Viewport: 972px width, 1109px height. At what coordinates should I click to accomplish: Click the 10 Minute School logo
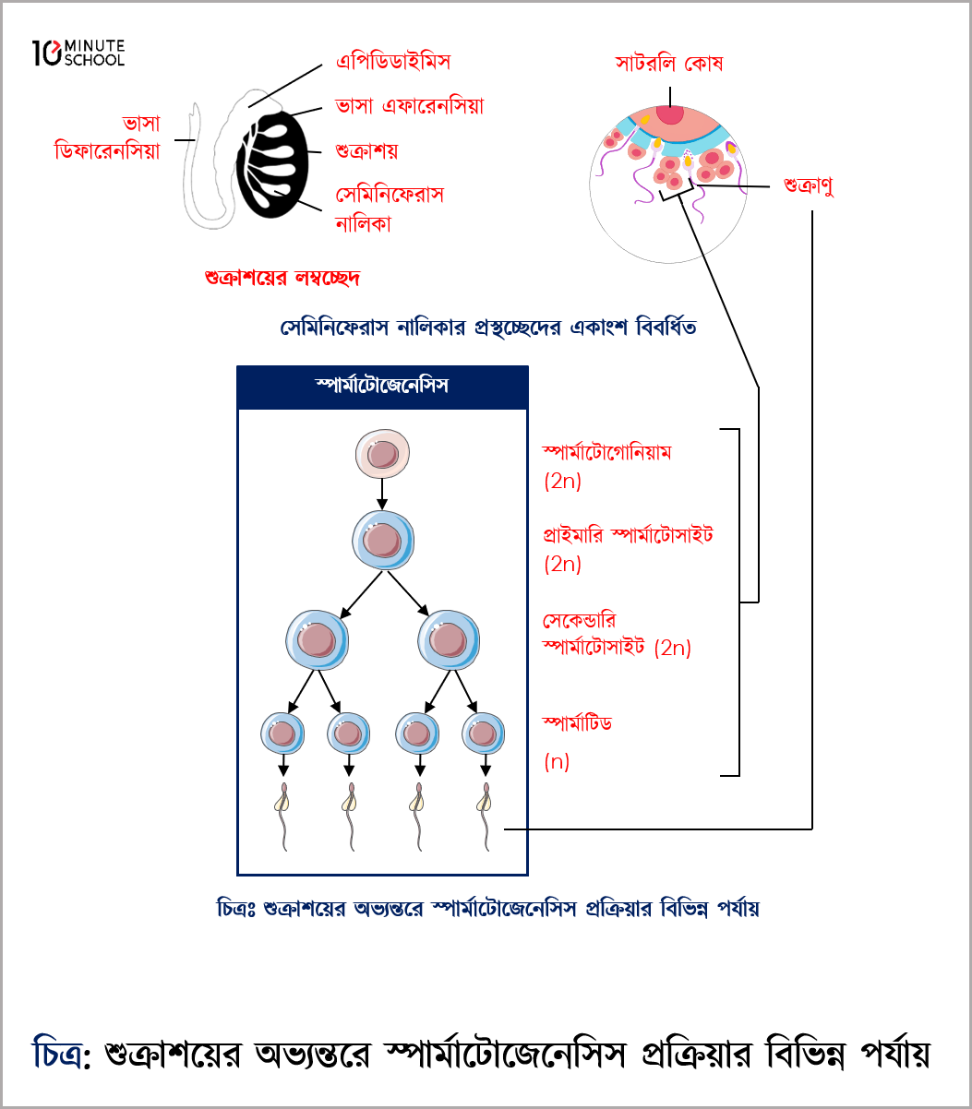(78, 53)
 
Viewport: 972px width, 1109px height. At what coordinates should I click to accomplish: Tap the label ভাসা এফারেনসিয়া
(409, 105)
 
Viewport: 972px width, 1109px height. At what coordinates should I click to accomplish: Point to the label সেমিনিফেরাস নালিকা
(389, 209)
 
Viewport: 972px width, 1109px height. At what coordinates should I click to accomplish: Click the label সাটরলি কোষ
(669, 64)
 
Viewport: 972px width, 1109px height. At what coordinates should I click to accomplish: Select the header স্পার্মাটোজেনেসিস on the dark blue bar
(382, 386)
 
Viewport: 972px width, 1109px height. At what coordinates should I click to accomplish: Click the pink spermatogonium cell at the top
(382, 455)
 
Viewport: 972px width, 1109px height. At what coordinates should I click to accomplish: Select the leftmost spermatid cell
(282, 733)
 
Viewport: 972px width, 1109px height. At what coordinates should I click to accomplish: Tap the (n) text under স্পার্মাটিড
(557, 762)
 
